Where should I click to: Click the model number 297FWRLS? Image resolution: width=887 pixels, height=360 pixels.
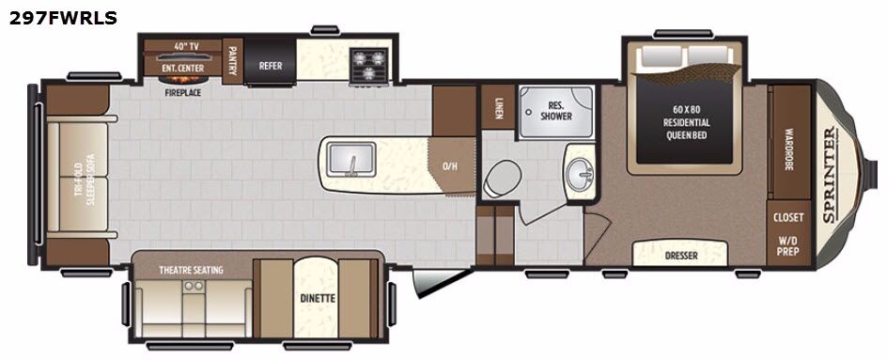click(x=63, y=18)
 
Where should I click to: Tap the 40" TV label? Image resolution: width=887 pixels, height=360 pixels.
click(x=182, y=45)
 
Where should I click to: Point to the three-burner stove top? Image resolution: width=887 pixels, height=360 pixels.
click(x=368, y=64)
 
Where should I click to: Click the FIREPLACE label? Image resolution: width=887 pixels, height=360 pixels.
click(x=183, y=92)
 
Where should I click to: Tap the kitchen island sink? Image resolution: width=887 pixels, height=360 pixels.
click(x=351, y=159)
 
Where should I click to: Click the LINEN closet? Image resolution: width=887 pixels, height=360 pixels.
click(x=498, y=107)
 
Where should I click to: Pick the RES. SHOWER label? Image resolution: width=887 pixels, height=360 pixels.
click(x=556, y=110)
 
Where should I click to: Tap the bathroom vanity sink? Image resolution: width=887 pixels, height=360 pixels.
click(x=579, y=170)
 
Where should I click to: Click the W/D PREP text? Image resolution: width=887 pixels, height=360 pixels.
click(x=787, y=244)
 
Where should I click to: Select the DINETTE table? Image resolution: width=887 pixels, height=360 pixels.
click(x=316, y=297)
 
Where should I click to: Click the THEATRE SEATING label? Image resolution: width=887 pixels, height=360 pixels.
click(x=191, y=270)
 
